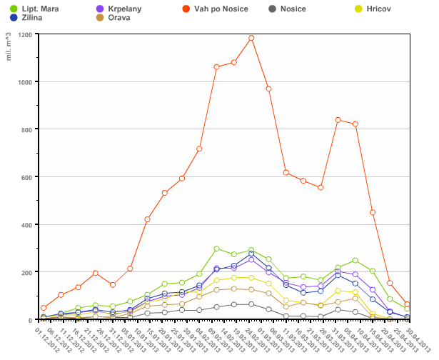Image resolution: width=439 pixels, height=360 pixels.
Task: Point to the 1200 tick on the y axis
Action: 25,34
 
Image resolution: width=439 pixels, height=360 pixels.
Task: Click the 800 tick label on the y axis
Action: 26,129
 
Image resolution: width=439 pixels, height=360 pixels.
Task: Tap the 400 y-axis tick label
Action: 26,225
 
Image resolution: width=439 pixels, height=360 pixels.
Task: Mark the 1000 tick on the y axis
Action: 25,82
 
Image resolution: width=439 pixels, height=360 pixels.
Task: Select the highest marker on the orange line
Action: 251,38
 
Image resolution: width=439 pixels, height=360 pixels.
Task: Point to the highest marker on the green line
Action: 216,249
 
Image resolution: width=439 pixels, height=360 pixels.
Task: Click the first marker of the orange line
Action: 44,308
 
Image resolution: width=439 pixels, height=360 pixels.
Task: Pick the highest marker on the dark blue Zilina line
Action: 251,254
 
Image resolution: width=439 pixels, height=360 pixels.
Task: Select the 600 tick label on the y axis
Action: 26,177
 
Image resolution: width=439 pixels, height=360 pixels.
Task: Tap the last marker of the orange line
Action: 407,304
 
